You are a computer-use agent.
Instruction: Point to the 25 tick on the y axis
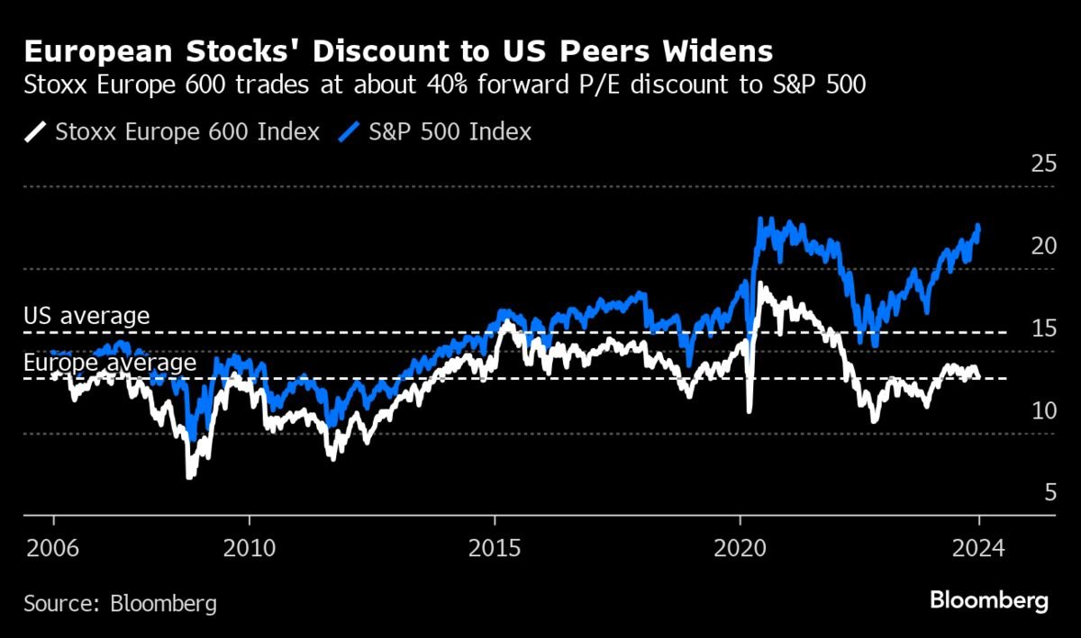(x=1042, y=164)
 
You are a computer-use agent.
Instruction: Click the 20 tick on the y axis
(x=1042, y=247)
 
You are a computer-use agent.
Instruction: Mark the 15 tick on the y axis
(x=1042, y=329)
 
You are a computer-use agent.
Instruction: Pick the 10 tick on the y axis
(x=1042, y=411)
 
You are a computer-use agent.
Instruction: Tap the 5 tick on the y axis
(x=1049, y=493)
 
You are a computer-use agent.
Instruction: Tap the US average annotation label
(x=86, y=316)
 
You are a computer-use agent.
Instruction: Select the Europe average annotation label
(x=110, y=363)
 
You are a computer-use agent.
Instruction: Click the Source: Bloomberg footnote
(x=120, y=603)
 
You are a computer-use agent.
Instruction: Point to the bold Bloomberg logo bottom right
(x=989, y=600)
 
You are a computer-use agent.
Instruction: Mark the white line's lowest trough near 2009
(x=189, y=476)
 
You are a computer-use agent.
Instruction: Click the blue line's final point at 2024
(x=978, y=227)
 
